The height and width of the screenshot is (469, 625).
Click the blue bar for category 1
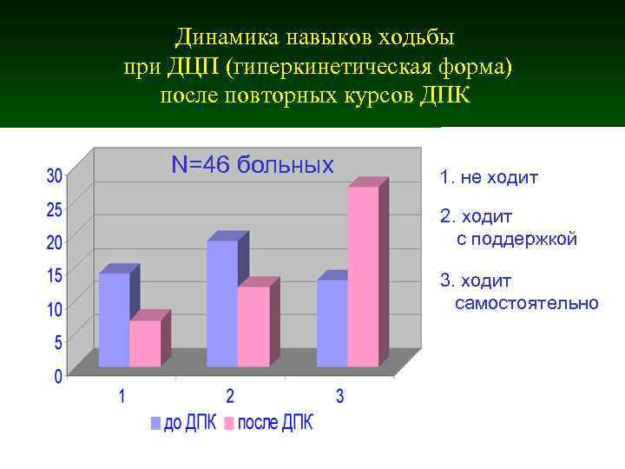pyautogui.click(x=114, y=320)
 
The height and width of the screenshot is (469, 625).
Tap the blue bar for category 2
pyautogui.click(x=222, y=303)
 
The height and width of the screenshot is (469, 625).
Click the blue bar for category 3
pyautogui.click(x=332, y=322)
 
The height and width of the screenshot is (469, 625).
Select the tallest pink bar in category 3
pyautogui.click(x=363, y=276)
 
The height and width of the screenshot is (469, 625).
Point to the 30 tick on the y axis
pyautogui.click(x=54, y=175)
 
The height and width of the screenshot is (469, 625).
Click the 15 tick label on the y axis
pyautogui.click(x=54, y=275)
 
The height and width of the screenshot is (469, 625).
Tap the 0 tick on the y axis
pyautogui.click(x=58, y=377)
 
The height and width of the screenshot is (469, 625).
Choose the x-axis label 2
pyautogui.click(x=230, y=397)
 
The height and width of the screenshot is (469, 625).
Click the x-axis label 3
pyautogui.click(x=339, y=397)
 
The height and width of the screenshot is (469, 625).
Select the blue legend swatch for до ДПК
pyautogui.click(x=156, y=424)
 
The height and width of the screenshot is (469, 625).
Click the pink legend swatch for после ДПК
pyautogui.click(x=229, y=424)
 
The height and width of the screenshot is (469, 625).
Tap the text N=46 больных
pyautogui.click(x=253, y=164)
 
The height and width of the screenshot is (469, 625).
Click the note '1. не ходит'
pyautogui.click(x=489, y=178)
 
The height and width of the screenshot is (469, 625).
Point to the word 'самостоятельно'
pyautogui.click(x=526, y=303)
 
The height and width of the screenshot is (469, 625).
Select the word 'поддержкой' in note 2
pyautogui.click(x=527, y=239)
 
